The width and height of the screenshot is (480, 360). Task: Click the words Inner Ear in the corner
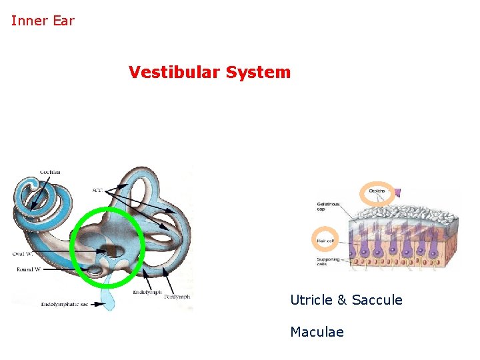point(43,21)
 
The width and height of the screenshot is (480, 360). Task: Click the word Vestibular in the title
point(175,72)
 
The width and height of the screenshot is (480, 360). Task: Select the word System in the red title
point(258,72)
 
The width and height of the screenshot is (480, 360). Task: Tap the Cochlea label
point(50,172)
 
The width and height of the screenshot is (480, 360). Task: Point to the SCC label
point(98,191)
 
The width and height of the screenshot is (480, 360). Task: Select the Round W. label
point(27,269)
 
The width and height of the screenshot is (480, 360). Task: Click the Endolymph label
point(147,292)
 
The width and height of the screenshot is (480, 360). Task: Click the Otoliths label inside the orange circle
point(377,193)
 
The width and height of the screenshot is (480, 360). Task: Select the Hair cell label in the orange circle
point(325,239)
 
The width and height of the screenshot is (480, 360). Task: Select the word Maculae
point(317,331)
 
